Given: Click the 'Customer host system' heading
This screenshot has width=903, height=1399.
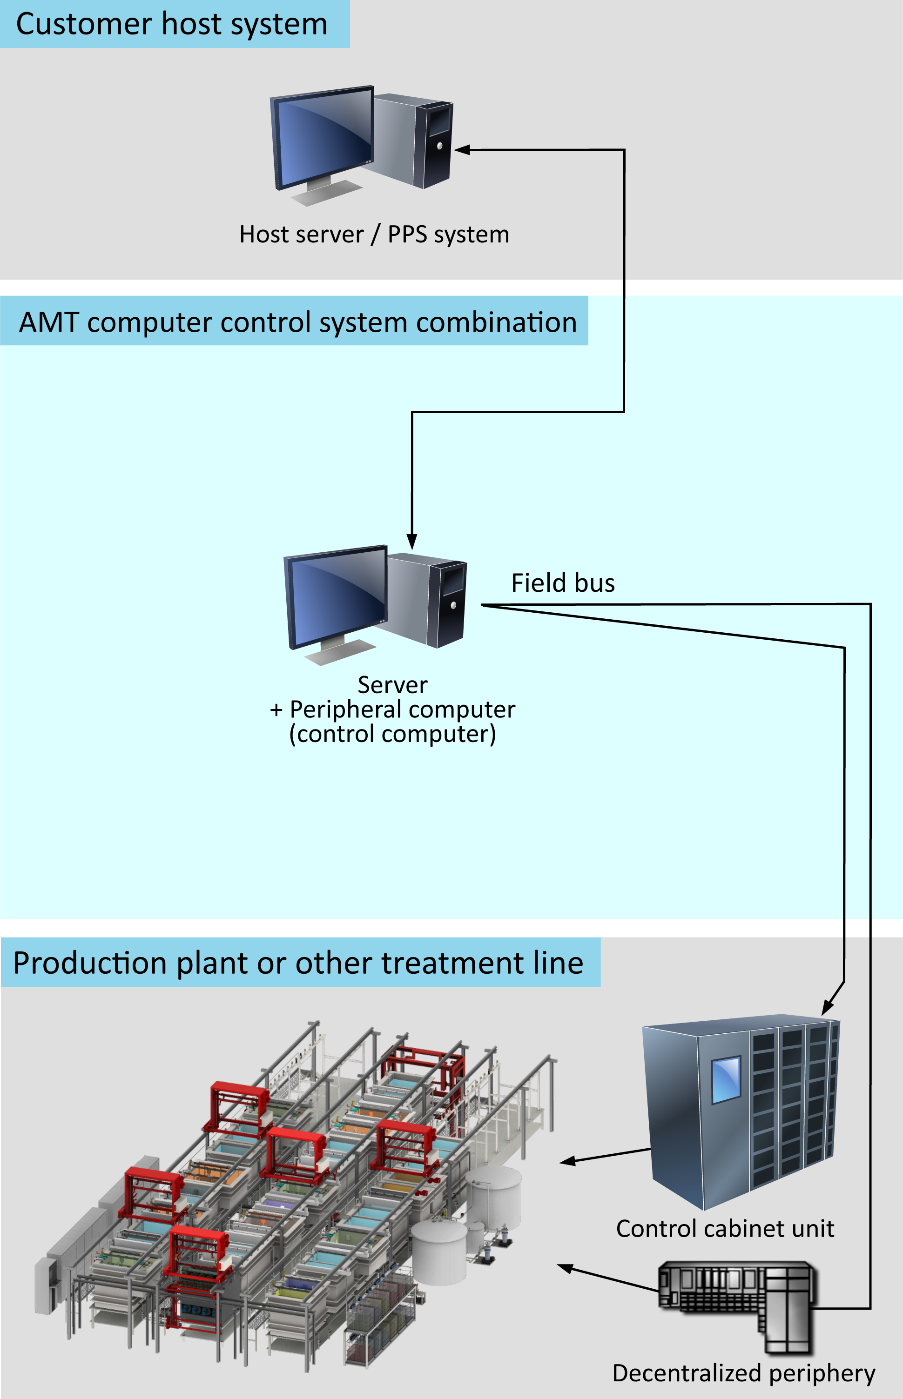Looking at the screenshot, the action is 172,25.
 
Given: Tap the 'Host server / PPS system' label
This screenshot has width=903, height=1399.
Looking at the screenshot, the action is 374,234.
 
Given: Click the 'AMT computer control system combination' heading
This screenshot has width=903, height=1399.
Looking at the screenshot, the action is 298,322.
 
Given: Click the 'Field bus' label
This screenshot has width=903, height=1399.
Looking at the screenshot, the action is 563,583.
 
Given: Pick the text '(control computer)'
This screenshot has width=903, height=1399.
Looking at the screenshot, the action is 392,734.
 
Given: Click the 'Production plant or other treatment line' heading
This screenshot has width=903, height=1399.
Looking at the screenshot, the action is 298,963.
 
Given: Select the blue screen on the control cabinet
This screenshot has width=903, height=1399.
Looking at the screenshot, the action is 727,1079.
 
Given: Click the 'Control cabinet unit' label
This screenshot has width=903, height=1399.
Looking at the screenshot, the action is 725,1228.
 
